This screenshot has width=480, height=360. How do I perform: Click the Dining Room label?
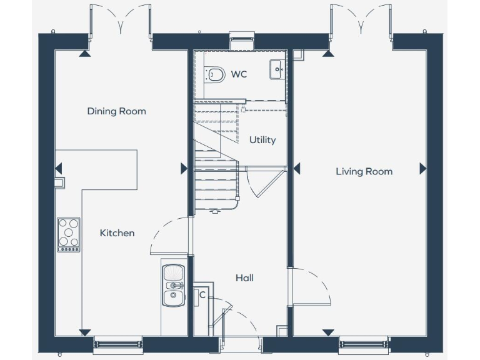click(x=116, y=111)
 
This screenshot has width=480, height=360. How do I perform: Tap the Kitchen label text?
click(x=117, y=233)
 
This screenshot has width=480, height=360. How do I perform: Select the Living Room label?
click(x=364, y=171)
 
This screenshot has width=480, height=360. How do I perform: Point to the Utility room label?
click(x=262, y=140)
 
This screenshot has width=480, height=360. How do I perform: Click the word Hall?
click(x=244, y=278)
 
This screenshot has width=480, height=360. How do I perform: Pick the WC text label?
click(x=239, y=74)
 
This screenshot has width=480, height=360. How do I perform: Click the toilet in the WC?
click(x=214, y=75)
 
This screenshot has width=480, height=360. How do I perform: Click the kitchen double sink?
click(x=172, y=284)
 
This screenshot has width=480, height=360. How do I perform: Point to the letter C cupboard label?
click(x=202, y=295)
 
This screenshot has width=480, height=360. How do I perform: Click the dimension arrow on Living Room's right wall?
click(x=423, y=168)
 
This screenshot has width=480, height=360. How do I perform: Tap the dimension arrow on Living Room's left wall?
click(x=297, y=168)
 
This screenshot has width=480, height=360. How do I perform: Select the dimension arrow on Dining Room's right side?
click(x=184, y=168)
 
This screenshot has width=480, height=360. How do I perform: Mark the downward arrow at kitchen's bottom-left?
click(x=83, y=332)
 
